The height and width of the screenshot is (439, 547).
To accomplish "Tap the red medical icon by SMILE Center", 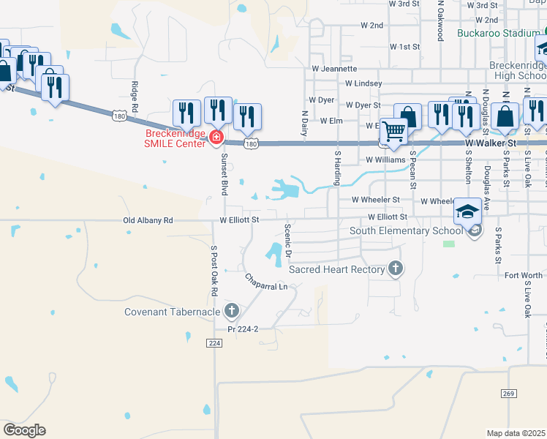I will [216, 137].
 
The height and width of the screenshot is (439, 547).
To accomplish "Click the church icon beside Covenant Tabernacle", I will [232, 312].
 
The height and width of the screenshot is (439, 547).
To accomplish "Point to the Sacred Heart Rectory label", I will [336, 269].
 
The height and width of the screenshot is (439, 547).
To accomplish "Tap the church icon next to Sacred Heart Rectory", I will [396, 269].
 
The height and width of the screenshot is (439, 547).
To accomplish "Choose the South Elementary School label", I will [406, 230].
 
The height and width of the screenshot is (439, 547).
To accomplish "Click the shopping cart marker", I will [394, 132].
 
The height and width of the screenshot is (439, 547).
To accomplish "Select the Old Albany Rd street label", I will [148, 219].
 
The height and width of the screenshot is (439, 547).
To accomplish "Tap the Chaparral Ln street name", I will [266, 282].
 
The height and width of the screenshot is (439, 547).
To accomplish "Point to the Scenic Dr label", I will [289, 240].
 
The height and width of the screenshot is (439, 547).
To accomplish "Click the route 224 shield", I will [214, 343].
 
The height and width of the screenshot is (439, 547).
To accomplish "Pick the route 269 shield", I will [510, 394].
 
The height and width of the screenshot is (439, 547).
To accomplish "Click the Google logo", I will [24, 430].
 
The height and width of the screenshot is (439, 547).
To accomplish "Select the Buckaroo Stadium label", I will [498, 33].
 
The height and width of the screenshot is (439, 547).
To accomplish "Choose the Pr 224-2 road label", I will [243, 329].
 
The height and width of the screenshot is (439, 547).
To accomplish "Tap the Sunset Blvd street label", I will [225, 173].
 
